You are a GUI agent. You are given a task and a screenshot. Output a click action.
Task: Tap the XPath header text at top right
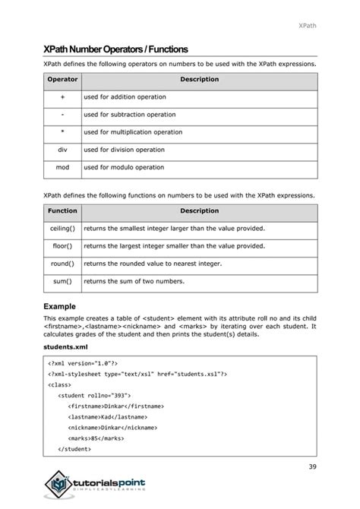[x=306, y=26]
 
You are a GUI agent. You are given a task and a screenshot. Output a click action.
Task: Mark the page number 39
[x=312, y=466]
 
